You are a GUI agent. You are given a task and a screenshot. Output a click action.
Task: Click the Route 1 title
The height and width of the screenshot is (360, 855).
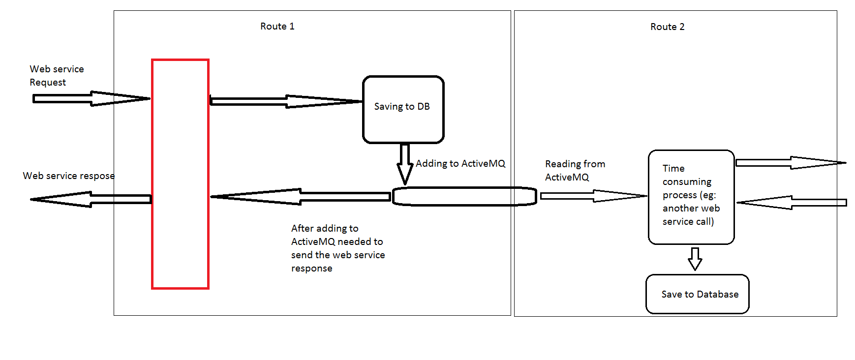point(277,27)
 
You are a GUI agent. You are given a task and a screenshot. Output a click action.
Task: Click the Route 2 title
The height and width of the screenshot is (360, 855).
point(667,27)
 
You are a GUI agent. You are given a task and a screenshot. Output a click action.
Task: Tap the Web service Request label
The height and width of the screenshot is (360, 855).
point(56,76)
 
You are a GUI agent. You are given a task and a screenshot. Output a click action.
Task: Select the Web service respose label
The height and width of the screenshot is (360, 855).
point(68,176)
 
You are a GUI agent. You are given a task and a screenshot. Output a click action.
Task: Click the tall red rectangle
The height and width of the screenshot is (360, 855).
point(180,174)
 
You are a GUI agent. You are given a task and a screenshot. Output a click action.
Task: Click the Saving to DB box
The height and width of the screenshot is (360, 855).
point(403,109)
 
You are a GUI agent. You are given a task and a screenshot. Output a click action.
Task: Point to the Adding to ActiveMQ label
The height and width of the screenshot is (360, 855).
point(460,164)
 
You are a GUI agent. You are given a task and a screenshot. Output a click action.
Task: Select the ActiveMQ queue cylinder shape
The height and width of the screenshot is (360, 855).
point(464,196)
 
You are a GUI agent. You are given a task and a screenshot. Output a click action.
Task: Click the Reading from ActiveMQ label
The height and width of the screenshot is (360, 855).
point(574,171)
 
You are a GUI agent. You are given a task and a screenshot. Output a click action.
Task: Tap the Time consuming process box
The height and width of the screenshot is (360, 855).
point(691,197)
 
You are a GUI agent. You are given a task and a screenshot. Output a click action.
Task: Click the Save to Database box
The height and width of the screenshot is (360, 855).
point(697,294)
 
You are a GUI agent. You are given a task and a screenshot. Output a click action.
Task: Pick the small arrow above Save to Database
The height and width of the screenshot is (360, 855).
point(695,259)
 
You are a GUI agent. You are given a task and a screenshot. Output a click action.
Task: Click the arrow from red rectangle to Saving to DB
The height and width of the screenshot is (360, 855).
point(285,101)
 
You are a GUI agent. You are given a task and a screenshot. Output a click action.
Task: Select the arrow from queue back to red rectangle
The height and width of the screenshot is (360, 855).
point(300,197)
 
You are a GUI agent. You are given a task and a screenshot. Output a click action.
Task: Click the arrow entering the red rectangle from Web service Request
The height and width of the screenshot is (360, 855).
point(91,98)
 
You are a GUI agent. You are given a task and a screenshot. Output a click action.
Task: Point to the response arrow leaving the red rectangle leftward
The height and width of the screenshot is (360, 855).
point(91,199)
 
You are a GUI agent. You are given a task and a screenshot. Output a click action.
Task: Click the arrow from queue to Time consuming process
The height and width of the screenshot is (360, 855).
point(593,196)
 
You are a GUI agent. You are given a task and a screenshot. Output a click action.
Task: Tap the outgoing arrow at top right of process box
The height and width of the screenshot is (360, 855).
point(790,163)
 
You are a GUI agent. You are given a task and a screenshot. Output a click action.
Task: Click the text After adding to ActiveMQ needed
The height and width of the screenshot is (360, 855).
point(337,248)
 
